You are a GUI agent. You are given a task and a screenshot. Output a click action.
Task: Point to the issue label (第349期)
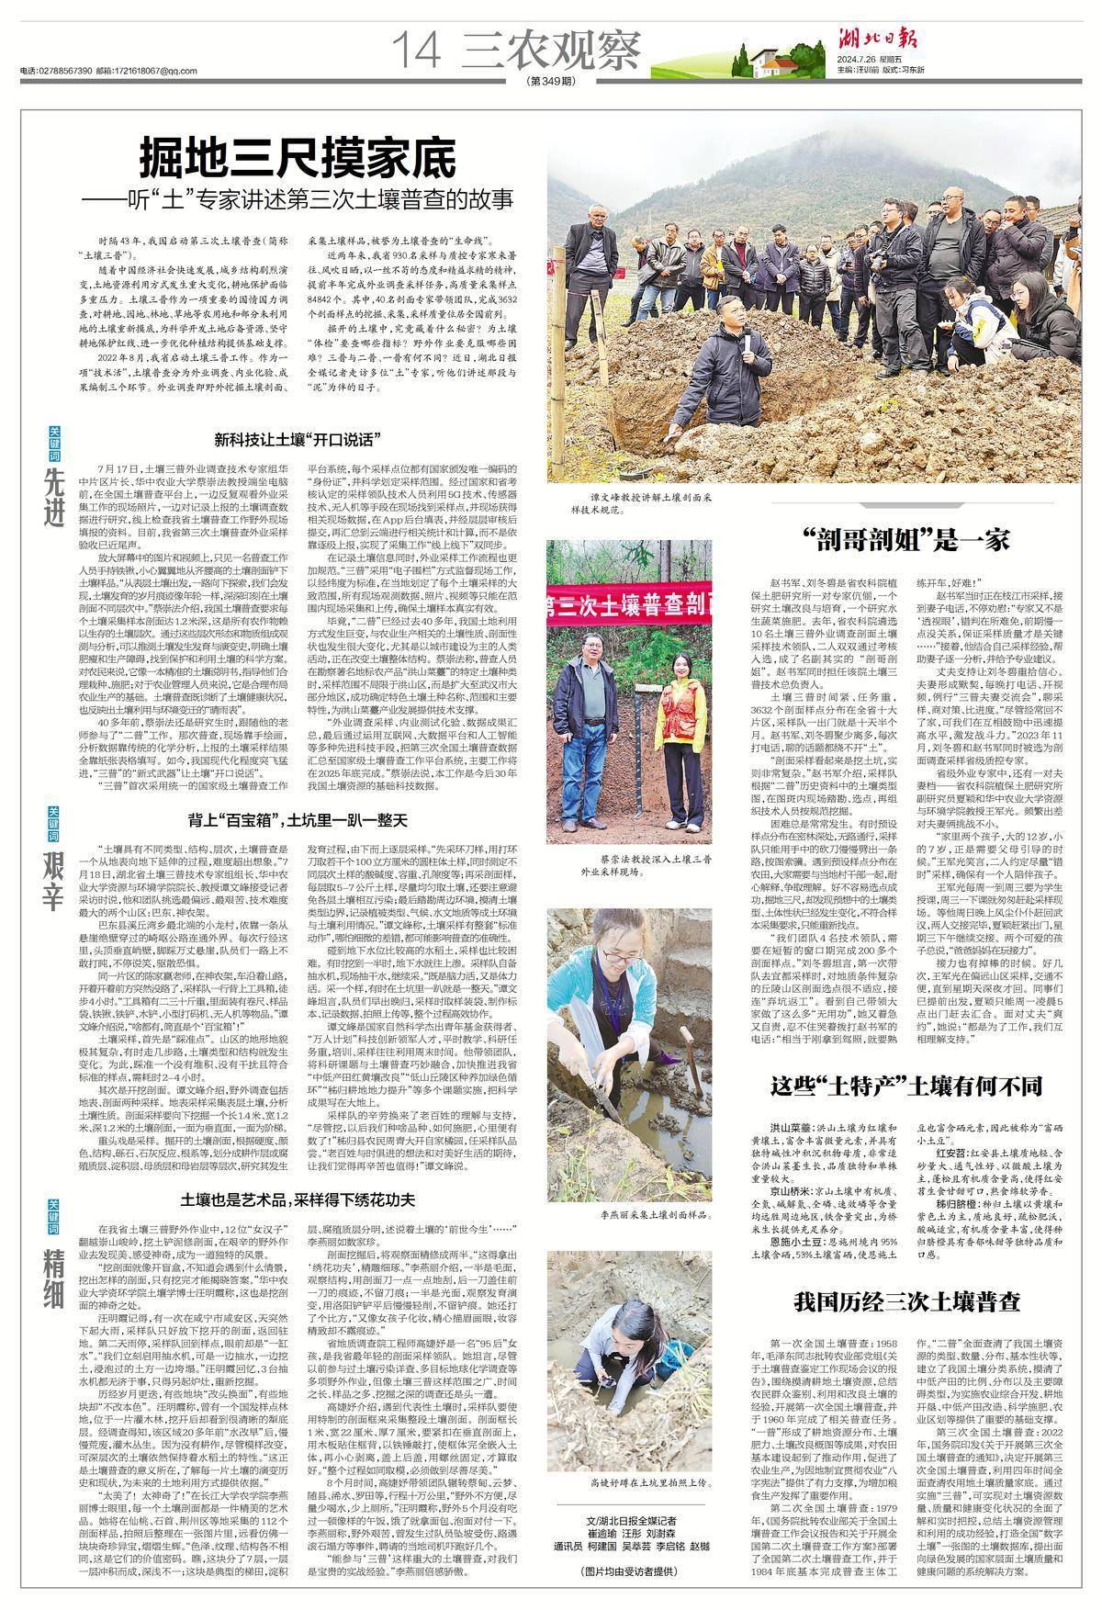tap(553, 82)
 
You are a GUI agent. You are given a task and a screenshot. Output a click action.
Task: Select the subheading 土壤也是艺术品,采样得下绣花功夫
tap(298, 1200)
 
